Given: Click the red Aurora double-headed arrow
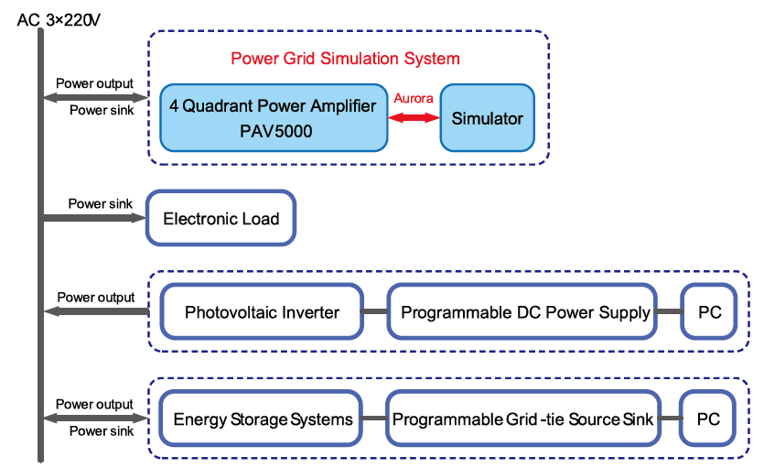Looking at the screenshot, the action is (414, 117).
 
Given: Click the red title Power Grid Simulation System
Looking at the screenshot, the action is (345, 59).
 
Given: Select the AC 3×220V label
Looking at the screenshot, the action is (59, 20).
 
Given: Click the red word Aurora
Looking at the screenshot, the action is (414, 98).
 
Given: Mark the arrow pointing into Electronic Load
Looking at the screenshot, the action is (95, 218).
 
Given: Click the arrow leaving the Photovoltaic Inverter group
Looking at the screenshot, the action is (96, 311).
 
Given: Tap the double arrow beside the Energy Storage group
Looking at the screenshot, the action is (95, 418).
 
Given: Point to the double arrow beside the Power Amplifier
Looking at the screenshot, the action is (95, 97).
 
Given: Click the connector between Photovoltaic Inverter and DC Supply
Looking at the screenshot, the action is (375, 311).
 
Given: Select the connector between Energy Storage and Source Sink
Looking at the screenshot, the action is (373, 419).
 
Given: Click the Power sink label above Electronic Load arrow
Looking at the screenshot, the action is (100, 203).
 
